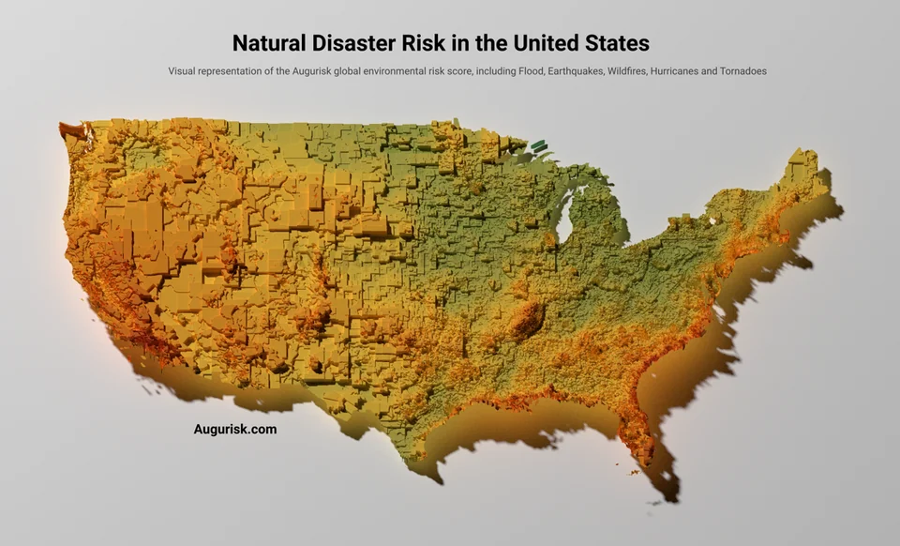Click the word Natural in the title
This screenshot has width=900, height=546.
271,43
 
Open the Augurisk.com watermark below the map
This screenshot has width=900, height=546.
234,430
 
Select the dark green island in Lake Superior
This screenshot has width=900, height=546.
538,145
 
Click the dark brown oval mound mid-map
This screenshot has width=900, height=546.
527,319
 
